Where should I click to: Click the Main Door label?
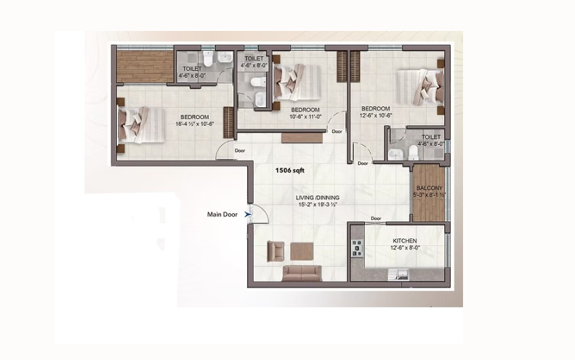[x=222, y=214]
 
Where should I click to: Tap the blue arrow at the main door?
[x=247, y=214]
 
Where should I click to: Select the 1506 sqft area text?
[x=290, y=170]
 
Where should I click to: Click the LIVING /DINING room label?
[x=317, y=198]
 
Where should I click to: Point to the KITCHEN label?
[x=405, y=241]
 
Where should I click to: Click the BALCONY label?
[x=429, y=188]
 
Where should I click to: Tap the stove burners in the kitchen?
[x=357, y=248]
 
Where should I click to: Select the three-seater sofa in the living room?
[x=302, y=273]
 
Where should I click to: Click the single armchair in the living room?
[x=275, y=251]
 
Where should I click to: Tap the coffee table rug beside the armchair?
[x=302, y=251]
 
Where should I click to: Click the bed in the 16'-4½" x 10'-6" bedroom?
[x=142, y=125]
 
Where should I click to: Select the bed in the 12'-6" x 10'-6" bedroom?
[x=420, y=87]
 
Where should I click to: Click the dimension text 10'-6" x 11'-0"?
[x=306, y=117]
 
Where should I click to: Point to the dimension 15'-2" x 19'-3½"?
[x=317, y=205]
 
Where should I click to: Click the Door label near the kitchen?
[x=376, y=218]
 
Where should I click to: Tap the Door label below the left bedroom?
[x=240, y=150]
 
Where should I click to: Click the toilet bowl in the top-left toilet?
[x=208, y=58]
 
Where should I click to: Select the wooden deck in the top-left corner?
[x=145, y=67]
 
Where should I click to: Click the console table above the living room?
[x=302, y=138]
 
